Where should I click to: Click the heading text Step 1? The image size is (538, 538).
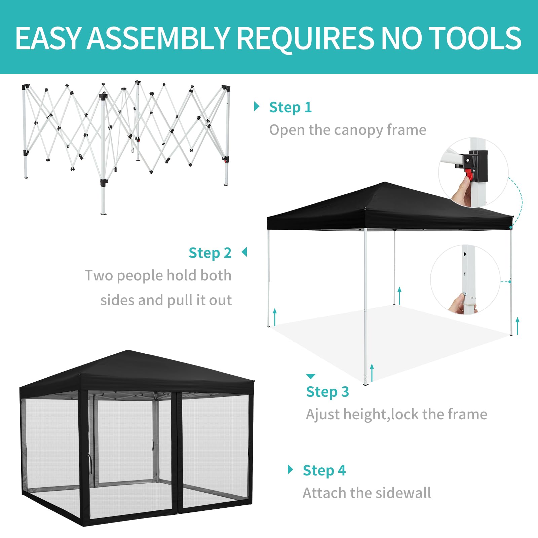click(x=291, y=108)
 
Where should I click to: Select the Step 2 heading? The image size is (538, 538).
click(x=210, y=253)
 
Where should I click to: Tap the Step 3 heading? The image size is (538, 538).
click(x=328, y=392)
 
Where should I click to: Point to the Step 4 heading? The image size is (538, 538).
click(x=324, y=471)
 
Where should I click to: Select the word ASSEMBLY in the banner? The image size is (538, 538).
click(x=158, y=38)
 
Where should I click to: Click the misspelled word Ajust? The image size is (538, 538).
click(x=323, y=415)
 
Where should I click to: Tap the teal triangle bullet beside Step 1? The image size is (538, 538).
click(x=257, y=107)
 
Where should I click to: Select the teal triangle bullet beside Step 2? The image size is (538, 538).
click(x=244, y=252)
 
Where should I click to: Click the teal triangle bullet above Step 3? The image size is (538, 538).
click(x=311, y=376)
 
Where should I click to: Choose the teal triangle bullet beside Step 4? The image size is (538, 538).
click(x=291, y=469)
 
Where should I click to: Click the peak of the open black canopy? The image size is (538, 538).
click(x=385, y=183)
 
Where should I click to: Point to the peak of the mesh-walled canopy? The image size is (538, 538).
click(x=128, y=351)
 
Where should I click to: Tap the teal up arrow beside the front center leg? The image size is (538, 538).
click(x=372, y=373)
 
